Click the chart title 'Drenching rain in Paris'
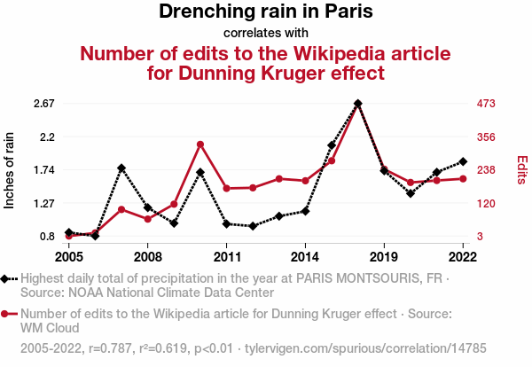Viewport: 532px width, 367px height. coord(266,12)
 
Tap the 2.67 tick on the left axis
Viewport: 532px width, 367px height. coord(43,104)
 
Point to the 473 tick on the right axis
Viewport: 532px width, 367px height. coord(486,104)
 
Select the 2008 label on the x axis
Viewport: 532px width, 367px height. coord(148,257)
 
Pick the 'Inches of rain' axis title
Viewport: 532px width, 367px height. coord(11,169)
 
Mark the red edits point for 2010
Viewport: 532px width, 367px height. coord(200,144)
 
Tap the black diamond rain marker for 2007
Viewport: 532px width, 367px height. coord(121,168)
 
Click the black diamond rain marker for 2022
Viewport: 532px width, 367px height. coord(463,161)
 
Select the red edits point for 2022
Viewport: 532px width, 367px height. coord(463,178)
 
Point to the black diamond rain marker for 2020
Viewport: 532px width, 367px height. coord(411,192)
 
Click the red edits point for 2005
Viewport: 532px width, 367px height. coord(69,236)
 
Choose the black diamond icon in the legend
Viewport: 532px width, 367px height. coord(8,278)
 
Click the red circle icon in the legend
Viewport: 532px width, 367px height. coord(8,314)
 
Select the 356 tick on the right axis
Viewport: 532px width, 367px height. coord(486,137)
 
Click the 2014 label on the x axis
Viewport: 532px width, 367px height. coord(305,257)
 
